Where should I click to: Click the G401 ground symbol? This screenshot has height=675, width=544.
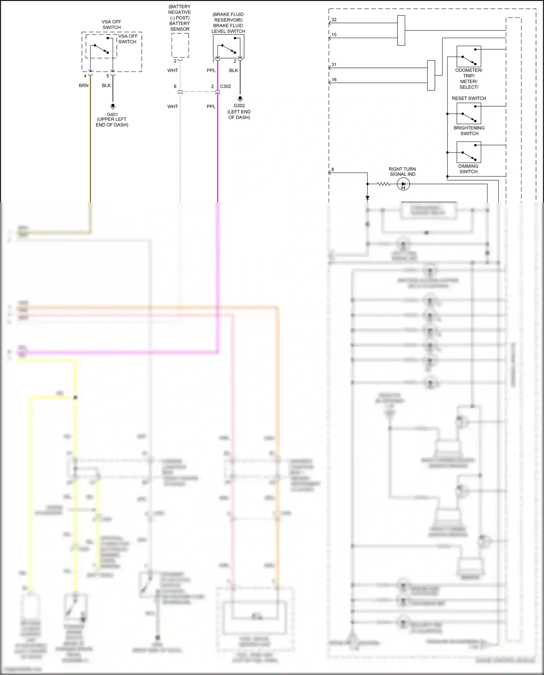[113, 107]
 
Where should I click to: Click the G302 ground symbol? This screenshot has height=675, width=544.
[240, 99]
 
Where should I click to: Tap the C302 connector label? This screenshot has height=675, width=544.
[226, 86]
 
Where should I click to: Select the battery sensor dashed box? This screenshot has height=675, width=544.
[180, 45]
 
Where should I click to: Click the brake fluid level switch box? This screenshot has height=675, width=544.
[228, 46]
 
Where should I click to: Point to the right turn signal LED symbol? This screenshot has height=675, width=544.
[403, 184]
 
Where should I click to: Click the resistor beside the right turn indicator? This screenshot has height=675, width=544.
[384, 184]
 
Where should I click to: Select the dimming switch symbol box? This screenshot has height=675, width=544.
[469, 152]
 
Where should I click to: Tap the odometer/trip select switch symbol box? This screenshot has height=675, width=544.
[469, 57]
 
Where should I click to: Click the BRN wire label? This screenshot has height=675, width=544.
[83, 86]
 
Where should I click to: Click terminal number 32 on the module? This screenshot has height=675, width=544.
[334, 20]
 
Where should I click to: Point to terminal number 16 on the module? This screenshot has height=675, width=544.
[334, 80]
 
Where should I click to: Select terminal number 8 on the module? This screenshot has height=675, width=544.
[333, 169]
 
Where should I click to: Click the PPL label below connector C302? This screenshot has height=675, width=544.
[211, 107]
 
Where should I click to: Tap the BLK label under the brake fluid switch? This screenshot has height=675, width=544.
[234, 70]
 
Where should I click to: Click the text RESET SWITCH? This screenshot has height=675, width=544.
[469, 98]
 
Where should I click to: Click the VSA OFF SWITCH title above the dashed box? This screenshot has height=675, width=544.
[111, 25]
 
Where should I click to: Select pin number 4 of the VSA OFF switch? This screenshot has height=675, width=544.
[85, 76]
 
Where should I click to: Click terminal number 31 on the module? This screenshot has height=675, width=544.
[334, 65]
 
